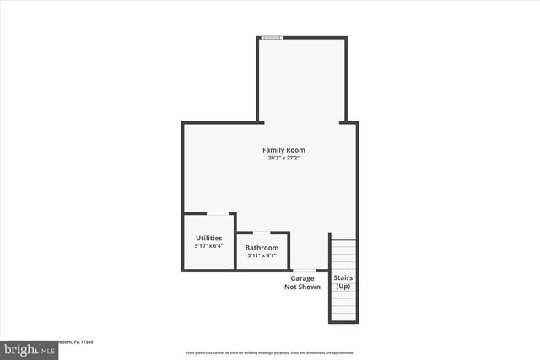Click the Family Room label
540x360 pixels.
pyautogui.click(x=283, y=150)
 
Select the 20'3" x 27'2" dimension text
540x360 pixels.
pyautogui.click(x=283, y=158)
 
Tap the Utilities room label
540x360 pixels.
pyautogui.click(x=209, y=238)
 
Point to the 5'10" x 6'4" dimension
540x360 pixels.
pyautogui.click(x=209, y=246)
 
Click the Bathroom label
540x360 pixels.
pyautogui.click(x=262, y=247)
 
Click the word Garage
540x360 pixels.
pyautogui.click(x=302, y=278)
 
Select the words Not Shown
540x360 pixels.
pyautogui.click(x=302, y=287)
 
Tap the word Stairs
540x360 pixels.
pyautogui.click(x=343, y=277)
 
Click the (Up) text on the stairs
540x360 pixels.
pyautogui.click(x=343, y=287)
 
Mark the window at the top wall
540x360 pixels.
pyautogui.click(x=272, y=37)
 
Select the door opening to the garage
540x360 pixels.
pyautogui.click(x=304, y=270)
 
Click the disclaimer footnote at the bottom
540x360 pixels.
pyautogui.click(x=270, y=352)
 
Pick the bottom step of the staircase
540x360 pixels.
pyautogui.click(x=343, y=318)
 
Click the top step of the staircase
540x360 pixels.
pyautogui.click(x=343, y=243)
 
